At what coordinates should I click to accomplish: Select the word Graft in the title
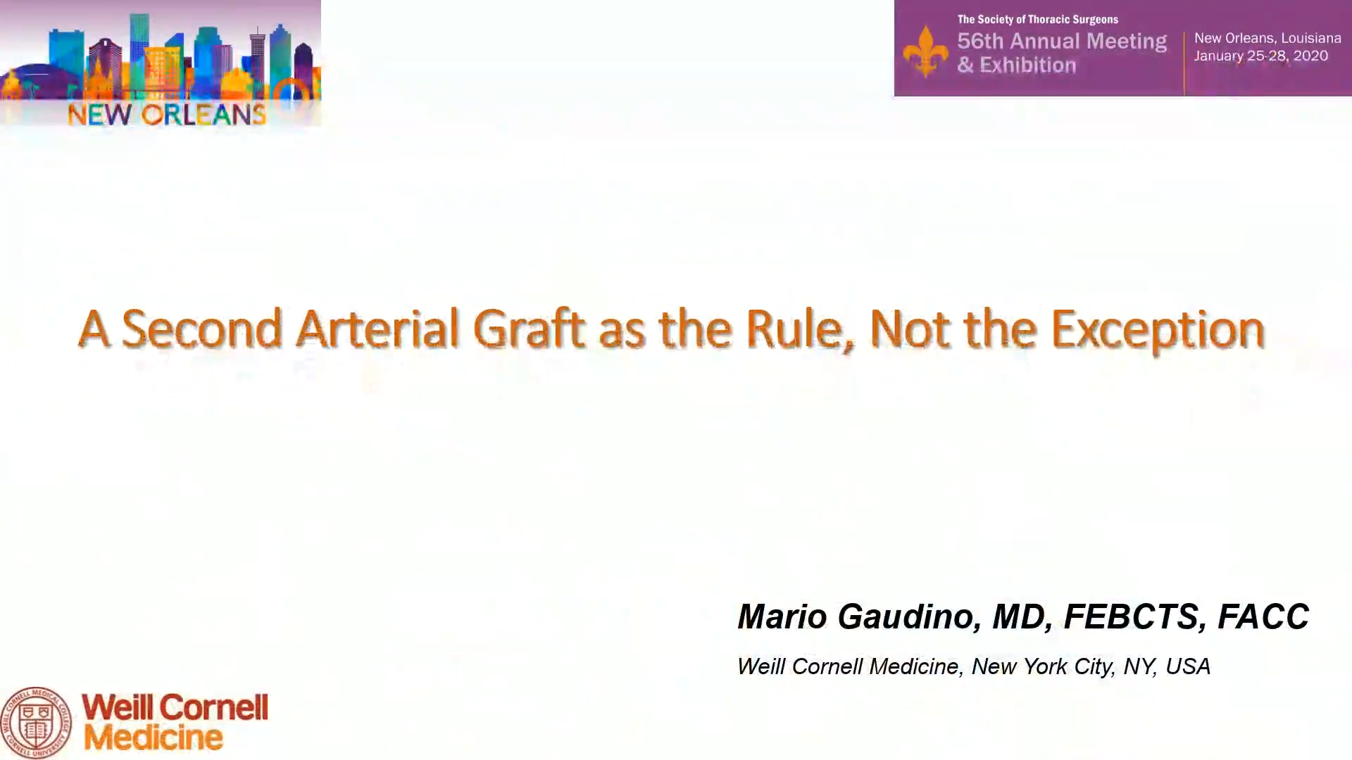[529, 328]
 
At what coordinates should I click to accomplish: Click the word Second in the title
[201, 328]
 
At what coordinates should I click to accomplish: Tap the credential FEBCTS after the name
[1132, 616]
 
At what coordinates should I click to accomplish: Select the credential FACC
[1263, 616]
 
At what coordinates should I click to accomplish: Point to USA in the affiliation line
[1188, 666]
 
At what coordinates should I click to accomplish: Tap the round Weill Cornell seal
[36, 723]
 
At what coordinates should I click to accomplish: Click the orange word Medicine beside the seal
[154, 737]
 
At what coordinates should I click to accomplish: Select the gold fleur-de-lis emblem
[925, 51]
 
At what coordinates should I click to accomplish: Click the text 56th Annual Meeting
[1062, 41]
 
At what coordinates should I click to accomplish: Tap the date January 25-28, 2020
[1261, 56]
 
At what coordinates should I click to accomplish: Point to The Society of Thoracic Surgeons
[1038, 19]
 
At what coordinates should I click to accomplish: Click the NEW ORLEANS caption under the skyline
[167, 114]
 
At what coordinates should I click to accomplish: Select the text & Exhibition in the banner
[1017, 65]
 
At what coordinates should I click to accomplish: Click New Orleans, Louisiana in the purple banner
[1267, 38]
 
